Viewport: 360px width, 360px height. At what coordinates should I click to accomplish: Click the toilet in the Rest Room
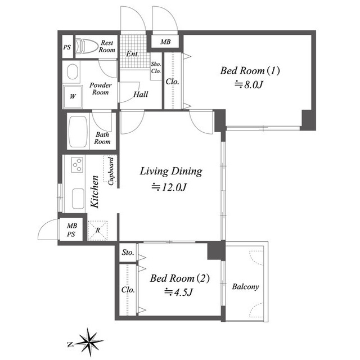pyautogui.click(x=87, y=46)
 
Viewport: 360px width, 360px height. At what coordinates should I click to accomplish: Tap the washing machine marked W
pyautogui.click(x=73, y=97)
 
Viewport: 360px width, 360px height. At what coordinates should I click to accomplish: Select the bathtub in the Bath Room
pyautogui.click(x=78, y=132)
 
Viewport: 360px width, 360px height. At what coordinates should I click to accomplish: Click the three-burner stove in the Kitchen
pyautogui.click(x=77, y=165)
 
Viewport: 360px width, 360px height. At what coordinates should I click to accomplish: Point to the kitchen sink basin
pyautogui.click(x=78, y=199)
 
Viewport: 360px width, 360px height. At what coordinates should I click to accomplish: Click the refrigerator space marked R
pyautogui.click(x=97, y=230)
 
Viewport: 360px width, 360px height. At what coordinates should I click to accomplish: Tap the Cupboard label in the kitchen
pyautogui.click(x=111, y=171)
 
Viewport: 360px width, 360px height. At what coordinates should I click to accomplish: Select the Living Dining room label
pyautogui.click(x=171, y=172)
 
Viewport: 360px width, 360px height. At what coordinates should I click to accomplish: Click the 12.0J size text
pyautogui.click(x=169, y=187)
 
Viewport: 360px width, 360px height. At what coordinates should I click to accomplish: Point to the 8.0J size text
pyautogui.click(x=249, y=85)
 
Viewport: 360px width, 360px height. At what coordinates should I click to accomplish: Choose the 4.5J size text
pyautogui.click(x=179, y=292)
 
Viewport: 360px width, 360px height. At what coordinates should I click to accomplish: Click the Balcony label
pyautogui.click(x=245, y=286)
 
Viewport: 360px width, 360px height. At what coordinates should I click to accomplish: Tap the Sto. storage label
pyautogui.click(x=128, y=253)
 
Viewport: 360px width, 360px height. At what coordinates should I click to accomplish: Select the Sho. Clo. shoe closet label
pyautogui.click(x=156, y=67)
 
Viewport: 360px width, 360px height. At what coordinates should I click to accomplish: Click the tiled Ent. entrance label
pyautogui.click(x=133, y=54)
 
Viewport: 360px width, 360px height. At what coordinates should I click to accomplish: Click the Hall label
pyautogui.click(x=141, y=94)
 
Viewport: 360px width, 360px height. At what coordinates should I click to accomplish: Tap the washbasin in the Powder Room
pyautogui.click(x=73, y=71)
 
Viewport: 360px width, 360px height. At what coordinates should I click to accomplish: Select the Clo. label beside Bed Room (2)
pyautogui.click(x=128, y=290)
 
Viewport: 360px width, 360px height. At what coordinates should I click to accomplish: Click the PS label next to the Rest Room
pyautogui.click(x=67, y=47)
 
